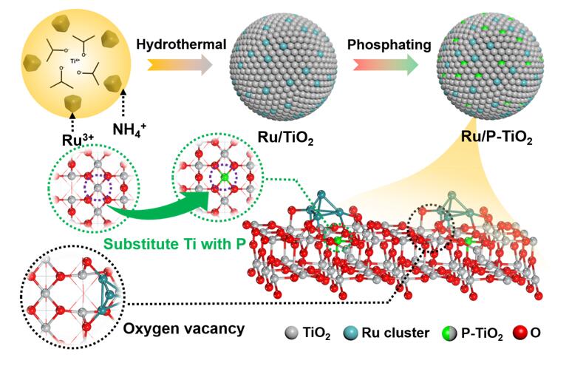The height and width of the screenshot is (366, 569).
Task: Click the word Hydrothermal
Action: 181,45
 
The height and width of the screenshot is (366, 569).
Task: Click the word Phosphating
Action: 389,45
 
